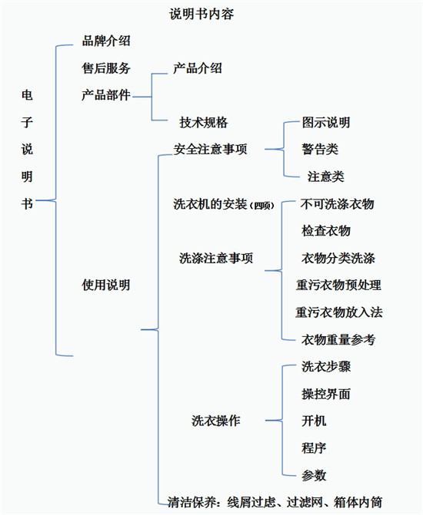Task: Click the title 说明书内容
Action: point(202,14)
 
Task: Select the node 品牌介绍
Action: point(106,41)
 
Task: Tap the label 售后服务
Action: point(106,68)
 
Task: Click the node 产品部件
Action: point(106,95)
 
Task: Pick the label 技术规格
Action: point(204,123)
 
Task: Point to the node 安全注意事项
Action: point(210,150)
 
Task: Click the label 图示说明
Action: point(326,123)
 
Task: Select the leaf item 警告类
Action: point(320,150)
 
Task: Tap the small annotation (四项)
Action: point(262,206)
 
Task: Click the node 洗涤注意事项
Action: point(216,258)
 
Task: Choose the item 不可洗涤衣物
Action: point(338,204)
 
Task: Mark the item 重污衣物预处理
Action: point(338,285)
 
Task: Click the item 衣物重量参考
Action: point(338,339)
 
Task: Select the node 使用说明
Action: point(106,285)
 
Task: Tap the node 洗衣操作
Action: point(216,421)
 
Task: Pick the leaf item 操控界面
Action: point(326,394)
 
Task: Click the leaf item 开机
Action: point(314,421)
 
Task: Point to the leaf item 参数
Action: point(314,475)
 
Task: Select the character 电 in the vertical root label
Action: point(27,95)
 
